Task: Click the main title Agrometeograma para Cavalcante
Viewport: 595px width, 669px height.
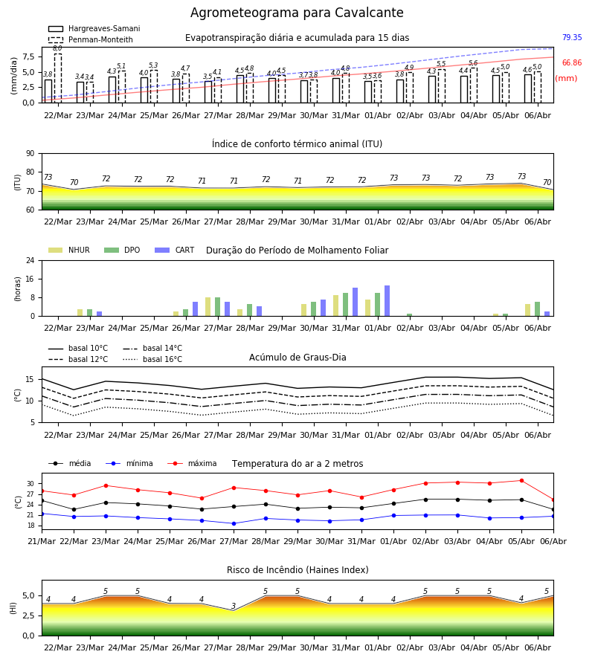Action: pyautogui.click(x=297, y=13)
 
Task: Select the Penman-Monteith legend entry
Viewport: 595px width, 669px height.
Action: pyautogui.click(x=91, y=39)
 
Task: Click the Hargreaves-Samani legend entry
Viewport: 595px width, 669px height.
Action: pyautogui.click(x=94, y=28)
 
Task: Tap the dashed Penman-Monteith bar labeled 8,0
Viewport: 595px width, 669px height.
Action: pyautogui.click(x=57, y=78)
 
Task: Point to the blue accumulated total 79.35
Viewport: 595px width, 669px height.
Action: pyautogui.click(x=572, y=38)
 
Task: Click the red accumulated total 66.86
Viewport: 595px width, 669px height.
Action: pyautogui.click(x=572, y=62)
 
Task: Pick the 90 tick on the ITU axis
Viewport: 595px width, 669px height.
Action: pyautogui.click(x=30, y=154)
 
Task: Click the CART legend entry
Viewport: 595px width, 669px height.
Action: pyautogui.click(x=174, y=250)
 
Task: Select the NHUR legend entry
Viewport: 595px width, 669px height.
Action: pyautogui.click(x=68, y=250)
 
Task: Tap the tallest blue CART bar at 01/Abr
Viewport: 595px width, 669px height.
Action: pyautogui.click(x=387, y=301)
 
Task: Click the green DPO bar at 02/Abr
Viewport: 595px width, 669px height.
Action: pyautogui.click(x=409, y=315)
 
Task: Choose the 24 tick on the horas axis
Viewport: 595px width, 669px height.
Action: pyautogui.click(x=30, y=260)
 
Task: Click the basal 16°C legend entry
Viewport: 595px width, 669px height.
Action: pyautogui.click(x=152, y=359)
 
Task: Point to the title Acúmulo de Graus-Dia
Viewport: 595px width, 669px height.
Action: pyautogui.click(x=297, y=357)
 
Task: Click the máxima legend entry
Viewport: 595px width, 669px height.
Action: pyautogui.click(x=192, y=463)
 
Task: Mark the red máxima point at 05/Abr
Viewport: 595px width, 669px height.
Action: pyautogui.click(x=521, y=481)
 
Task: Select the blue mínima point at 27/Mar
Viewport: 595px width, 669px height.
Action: pyautogui.click(x=234, y=523)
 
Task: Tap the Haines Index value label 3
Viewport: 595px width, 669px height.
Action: pyautogui.click(x=234, y=606)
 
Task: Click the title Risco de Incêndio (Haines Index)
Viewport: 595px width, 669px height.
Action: pyautogui.click(x=297, y=570)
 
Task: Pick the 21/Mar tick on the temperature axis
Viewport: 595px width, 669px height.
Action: pyautogui.click(x=42, y=541)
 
